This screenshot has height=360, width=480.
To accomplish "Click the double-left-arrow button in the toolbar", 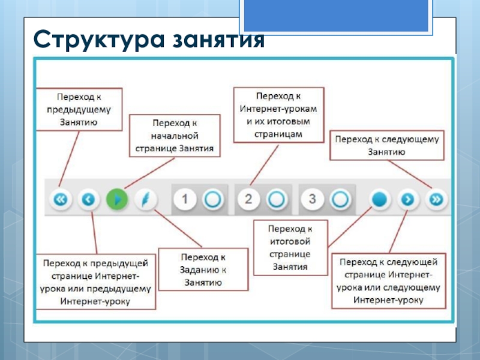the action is (x=60, y=199).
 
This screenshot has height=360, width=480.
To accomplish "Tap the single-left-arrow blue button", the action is (x=89, y=199).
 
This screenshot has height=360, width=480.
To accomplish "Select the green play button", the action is (x=118, y=199).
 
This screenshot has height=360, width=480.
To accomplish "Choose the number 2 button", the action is (x=249, y=199).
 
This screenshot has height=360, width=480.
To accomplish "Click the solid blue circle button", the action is (x=379, y=199).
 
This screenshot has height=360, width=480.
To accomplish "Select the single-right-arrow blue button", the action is (x=408, y=199).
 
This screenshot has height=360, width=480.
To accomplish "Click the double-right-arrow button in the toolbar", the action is (x=437, y=199).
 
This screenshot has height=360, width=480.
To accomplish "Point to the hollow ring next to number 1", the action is (x=212, y=199).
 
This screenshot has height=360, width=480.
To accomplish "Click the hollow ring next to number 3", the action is (x=340, y=199).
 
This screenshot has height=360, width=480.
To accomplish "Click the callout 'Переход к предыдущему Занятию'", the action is (x=79, y=109).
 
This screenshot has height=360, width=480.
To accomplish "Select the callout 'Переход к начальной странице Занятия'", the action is (x=175, y=136).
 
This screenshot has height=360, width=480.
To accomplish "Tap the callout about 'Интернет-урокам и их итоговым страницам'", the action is (x=278, y=115).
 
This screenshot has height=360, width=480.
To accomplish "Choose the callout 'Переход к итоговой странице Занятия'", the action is (x=290, y=247).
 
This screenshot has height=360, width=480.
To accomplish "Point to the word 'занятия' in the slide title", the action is (x=218, y=41).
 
